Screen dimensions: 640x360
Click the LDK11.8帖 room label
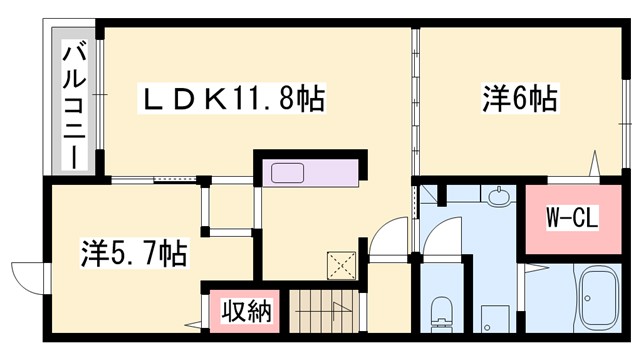coord(237,99)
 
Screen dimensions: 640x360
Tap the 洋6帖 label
coord(521,99)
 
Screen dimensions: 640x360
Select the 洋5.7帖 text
coord(133,253)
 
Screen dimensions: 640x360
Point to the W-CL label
coord(571,217)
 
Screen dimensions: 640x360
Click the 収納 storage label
coord(246,312)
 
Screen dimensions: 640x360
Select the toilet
coord(440,311)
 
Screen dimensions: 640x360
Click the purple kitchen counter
coord(310,173)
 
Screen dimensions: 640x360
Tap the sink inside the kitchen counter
coord(289,172)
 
